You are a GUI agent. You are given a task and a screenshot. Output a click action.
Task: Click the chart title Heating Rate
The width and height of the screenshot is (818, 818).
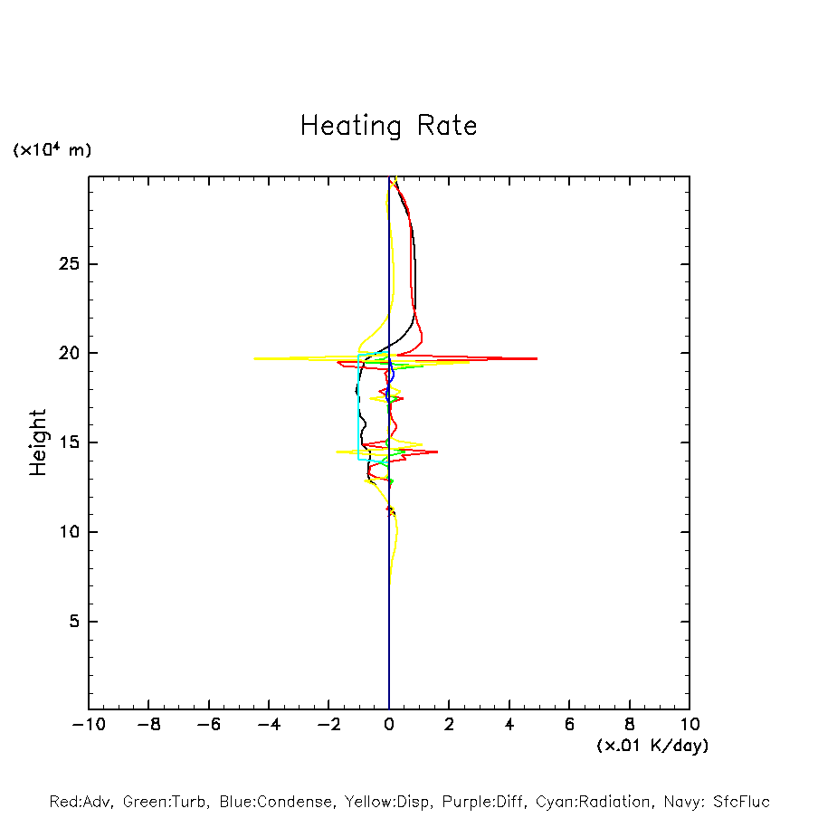click(388, 126)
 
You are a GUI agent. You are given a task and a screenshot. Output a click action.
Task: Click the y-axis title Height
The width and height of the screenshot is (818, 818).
click(38, 442)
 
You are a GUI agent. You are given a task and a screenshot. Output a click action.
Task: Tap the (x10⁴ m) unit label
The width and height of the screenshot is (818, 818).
click(52, 150)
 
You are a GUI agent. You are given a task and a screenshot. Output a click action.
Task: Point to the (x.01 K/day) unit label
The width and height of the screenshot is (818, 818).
click(652, 746)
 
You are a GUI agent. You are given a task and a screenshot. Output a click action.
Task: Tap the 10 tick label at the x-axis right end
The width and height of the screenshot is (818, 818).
click(689, 725)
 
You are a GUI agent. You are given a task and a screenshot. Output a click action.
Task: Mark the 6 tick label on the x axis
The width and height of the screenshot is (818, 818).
click(569, 725)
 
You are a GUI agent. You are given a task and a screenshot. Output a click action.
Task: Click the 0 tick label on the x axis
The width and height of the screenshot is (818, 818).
click(389, 725)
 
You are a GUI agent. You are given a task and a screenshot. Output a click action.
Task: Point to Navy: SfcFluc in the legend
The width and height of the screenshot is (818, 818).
click(716, 802)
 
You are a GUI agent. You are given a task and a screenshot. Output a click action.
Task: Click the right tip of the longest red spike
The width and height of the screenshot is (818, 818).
click(537, 358)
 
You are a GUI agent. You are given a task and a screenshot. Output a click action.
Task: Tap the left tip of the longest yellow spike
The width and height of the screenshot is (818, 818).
click(254, 358)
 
